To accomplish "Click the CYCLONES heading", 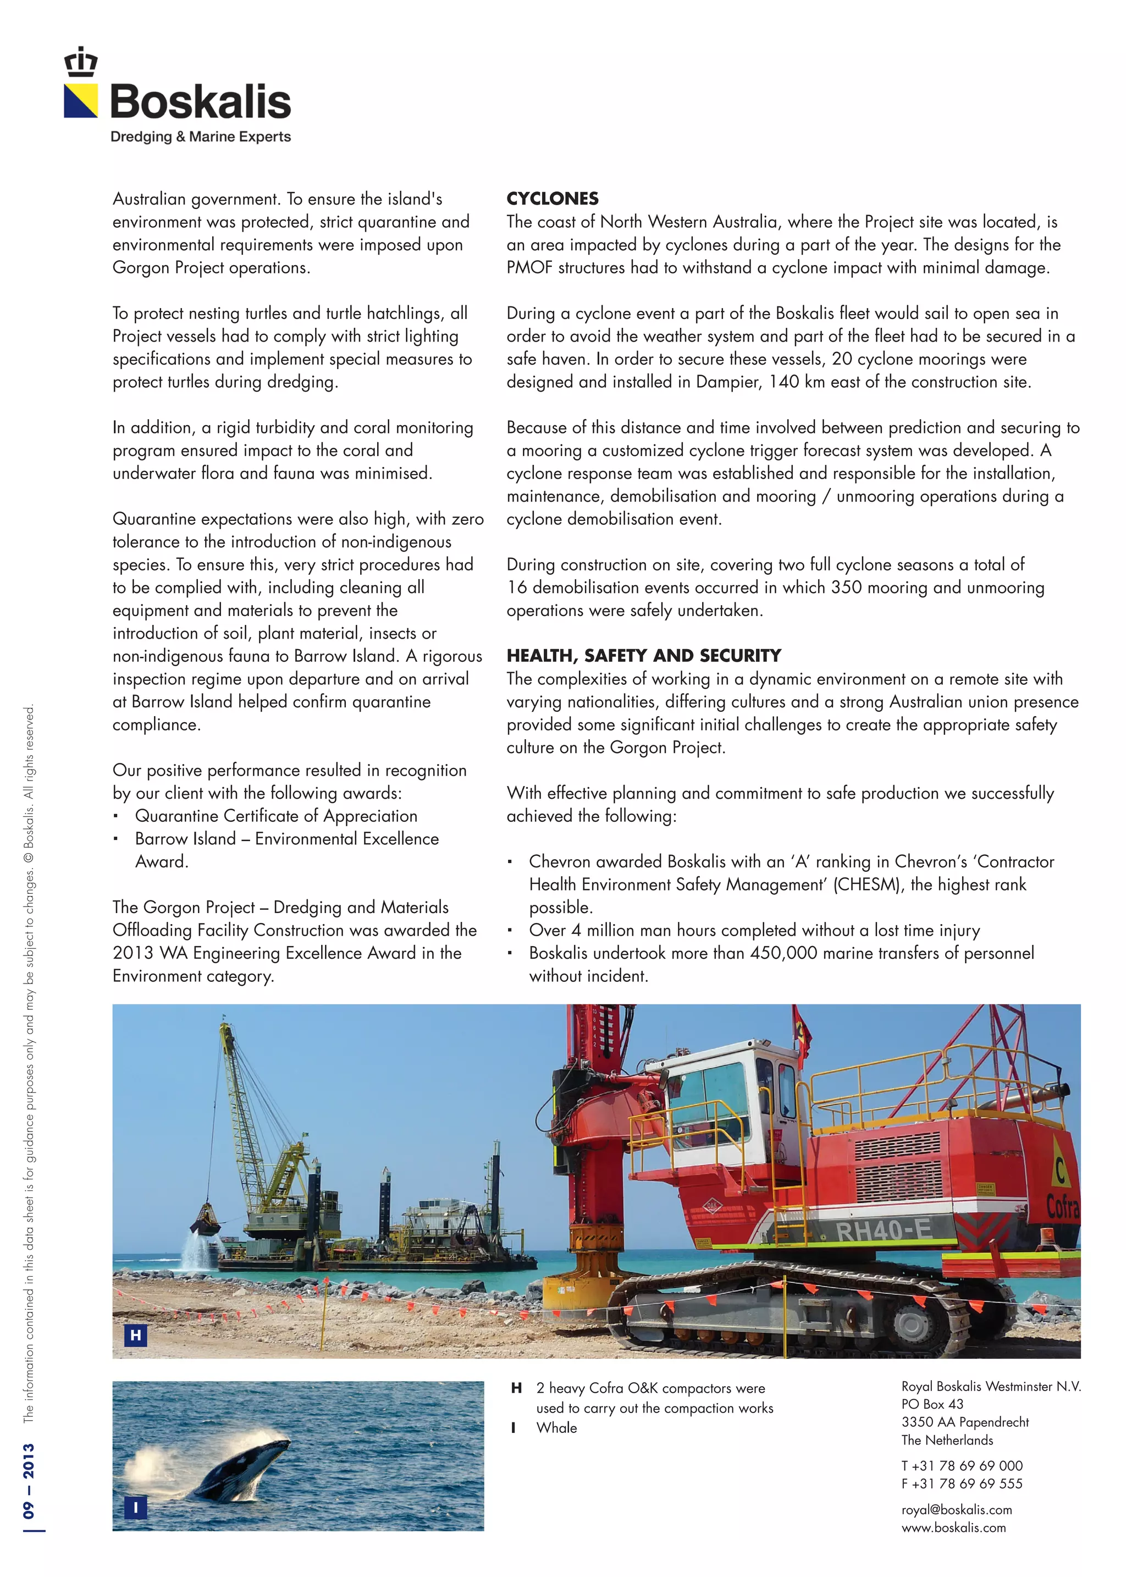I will pyautogui.click(x=552, y=199).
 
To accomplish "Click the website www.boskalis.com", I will pyautogui.click(x=953, y=1527).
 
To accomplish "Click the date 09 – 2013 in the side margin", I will pyautogui.click(x=29, y=1481).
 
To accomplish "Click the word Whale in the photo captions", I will pyautogui.click(x=556, y=1428).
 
